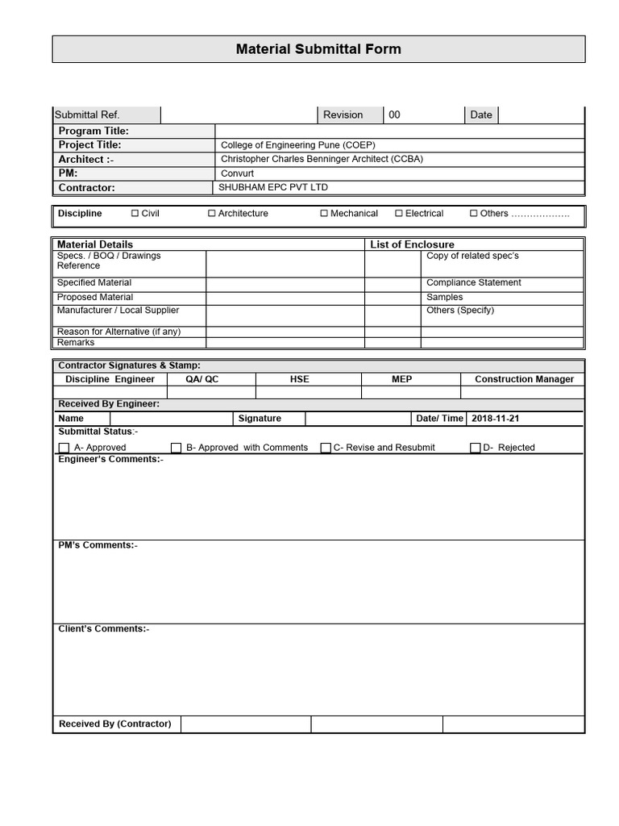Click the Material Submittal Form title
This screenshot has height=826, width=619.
pyautogui.click(x=318, y=49)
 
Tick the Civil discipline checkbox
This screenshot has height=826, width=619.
pyautogui.click(x=135, y=214)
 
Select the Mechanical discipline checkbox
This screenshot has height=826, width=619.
pyautogui.click(x=324, y=214)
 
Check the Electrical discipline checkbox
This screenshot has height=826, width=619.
pyautogui.click(x=399, y=214)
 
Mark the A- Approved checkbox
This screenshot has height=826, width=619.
pyautogui.click(x=64, y=448)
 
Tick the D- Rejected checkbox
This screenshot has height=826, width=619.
pyautogui.click(x=476, y=448)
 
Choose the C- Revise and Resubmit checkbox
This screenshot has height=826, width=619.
pyautogui.click(x=326, y=448)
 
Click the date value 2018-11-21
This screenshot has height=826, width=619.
pyautogui.click(x=496, y=419)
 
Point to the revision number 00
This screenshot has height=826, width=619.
pyautogui.click(x=394, y=115)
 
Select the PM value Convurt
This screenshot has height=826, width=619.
pyautogui.click(x=237, y=173)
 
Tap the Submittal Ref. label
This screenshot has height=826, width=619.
pyautogui.click(x=87, y=115)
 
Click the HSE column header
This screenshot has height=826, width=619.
pyautogui.click(x=300, y=379)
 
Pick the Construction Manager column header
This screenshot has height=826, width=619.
pyautogui.click(x=524, y=379)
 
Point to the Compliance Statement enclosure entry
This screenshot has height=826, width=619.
pyautogui.click(x=473, y=283)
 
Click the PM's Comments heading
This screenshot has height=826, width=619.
pyautogui.click(x=98, y=545)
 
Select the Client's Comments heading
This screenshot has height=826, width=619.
pyautogui.click(x=103, y=629)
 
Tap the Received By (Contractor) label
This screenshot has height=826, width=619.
pyautogui.click(x=115, y=724)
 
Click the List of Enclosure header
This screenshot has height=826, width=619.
pyautogui.click(x=412, y=244)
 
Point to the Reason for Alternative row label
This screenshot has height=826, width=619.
pyautogui.click(x=118, y=332)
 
